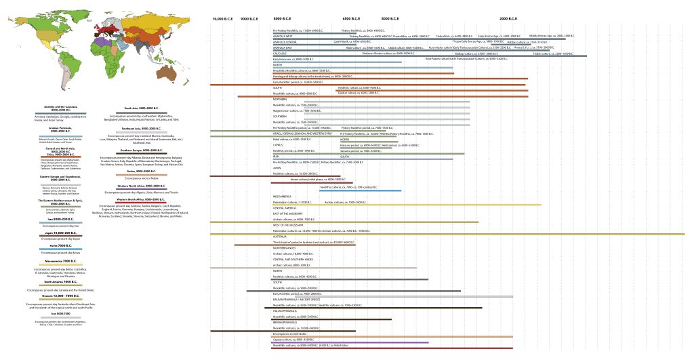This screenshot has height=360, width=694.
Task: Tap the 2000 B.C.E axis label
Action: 508,18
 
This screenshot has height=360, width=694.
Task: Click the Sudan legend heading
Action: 132,172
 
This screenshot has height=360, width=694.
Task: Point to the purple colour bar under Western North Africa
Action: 132,189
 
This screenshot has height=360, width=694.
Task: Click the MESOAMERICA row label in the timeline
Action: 282,197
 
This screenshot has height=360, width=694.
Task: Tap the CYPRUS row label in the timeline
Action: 277,144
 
